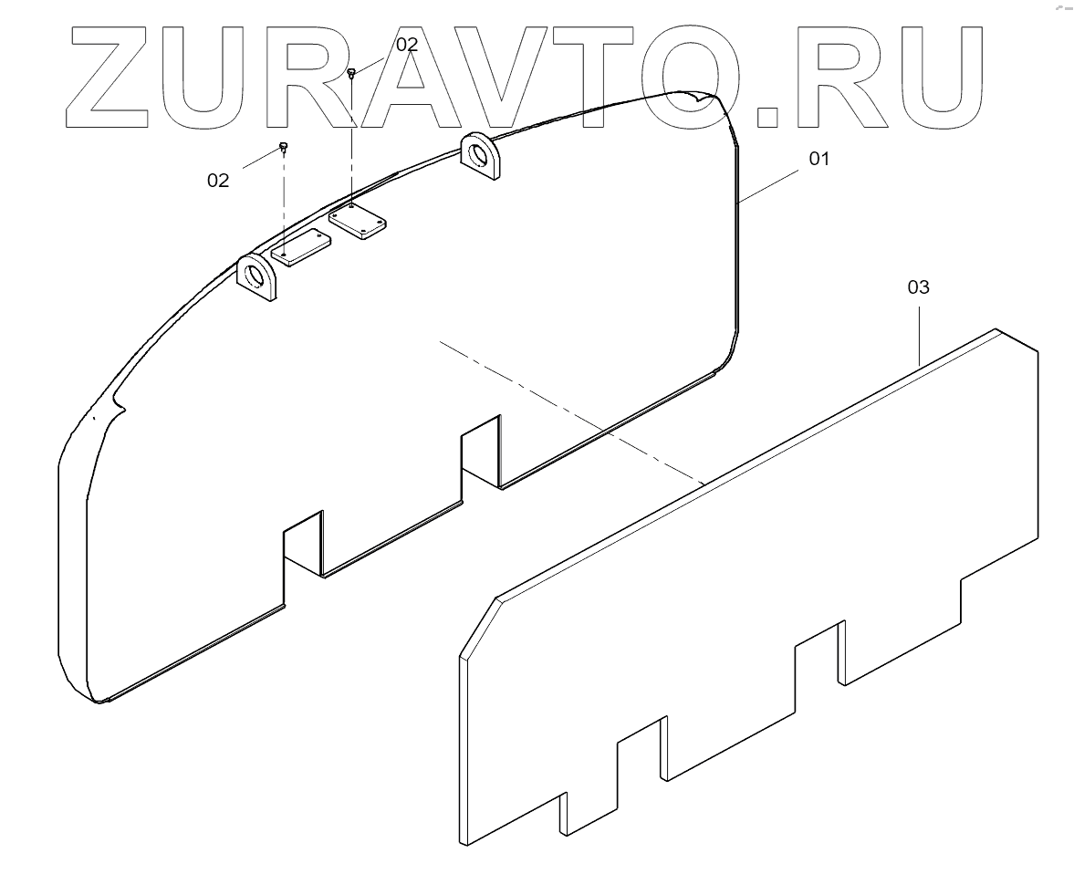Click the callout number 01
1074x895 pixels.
(819, 158)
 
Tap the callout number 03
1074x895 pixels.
(918, 286)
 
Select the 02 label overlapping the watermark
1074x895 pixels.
(406, 44)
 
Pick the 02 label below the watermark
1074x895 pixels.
(218, 180)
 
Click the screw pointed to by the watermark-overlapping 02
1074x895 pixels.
(352, 73)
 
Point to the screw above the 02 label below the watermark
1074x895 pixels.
(284, 146)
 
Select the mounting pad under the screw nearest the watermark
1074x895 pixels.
(358, 221)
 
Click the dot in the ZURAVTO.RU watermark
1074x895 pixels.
(771, 113)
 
